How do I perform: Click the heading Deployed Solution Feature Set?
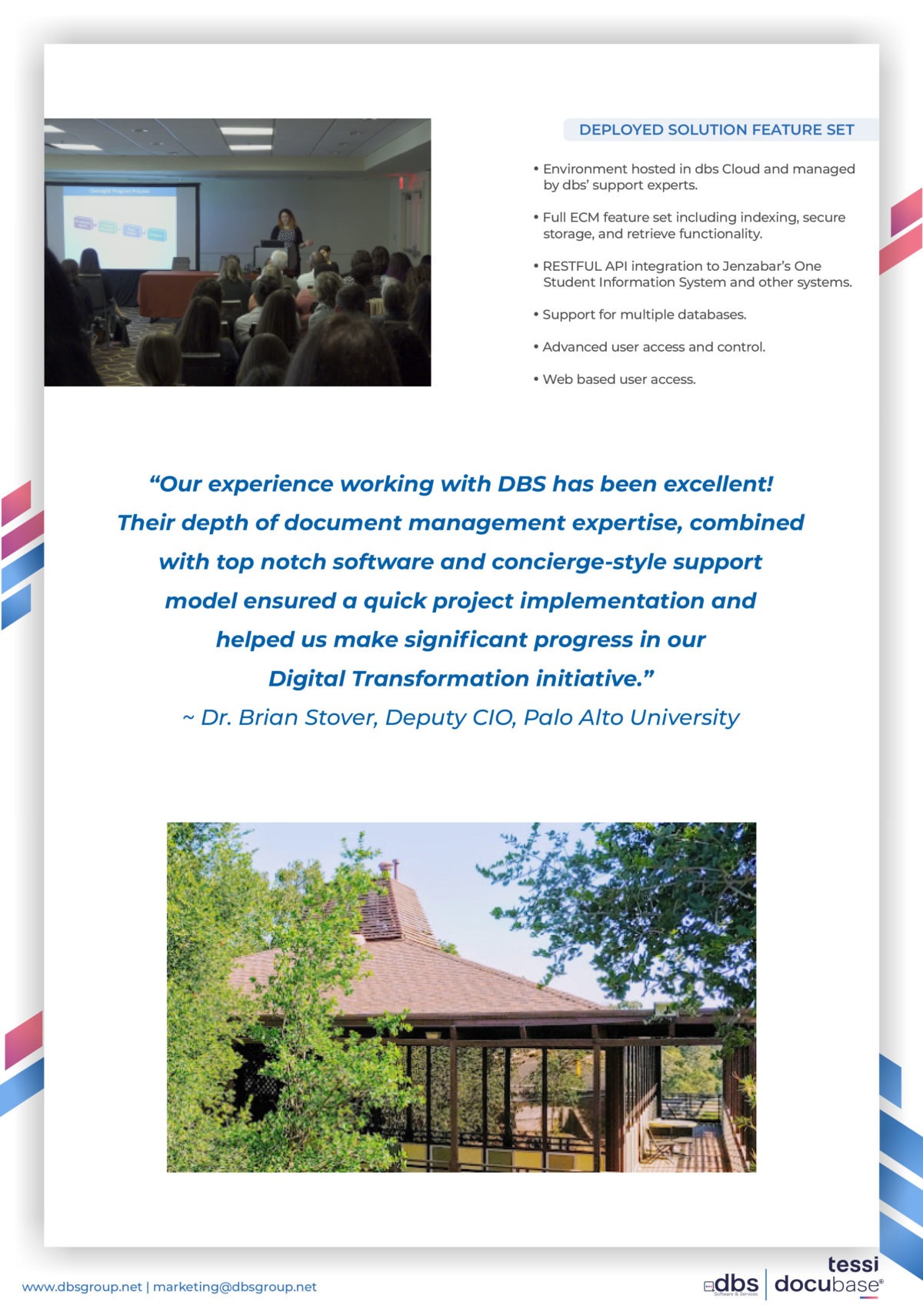pos(716,129)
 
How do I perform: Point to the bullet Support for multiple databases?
pos(640,314)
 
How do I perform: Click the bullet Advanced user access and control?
pos(649,347)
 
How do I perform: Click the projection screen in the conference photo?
pos(120,226)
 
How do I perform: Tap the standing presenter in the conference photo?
pos(288,239)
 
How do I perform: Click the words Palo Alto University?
pos(631,718)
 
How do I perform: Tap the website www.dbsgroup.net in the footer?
pos(82,1287)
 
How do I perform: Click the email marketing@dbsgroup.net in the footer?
pos(235,1287)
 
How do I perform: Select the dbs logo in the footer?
pos(731,1284)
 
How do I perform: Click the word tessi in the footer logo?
pos(853,1264)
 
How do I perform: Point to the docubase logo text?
pos(828,1284)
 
